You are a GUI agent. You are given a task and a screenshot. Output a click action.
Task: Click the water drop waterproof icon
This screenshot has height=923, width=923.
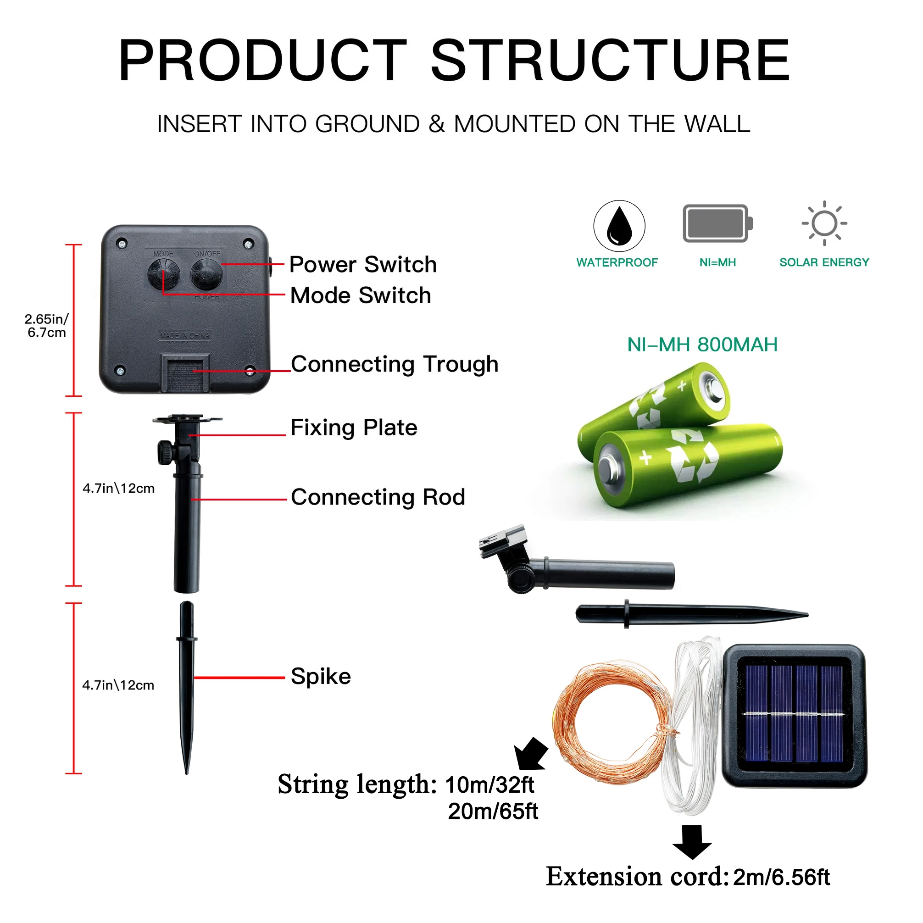tap(619, 226)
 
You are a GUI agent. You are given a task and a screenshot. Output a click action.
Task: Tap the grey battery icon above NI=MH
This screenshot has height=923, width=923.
tap(717, 223)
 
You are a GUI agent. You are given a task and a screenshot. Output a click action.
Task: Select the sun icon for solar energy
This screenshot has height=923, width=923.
tap(824, 223)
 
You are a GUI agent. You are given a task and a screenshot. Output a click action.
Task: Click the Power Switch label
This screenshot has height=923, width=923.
tap(363, 265)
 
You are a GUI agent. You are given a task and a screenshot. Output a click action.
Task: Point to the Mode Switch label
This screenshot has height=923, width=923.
tap(361, 295)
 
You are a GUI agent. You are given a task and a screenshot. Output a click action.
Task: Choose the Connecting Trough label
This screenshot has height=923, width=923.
tap(395, 364)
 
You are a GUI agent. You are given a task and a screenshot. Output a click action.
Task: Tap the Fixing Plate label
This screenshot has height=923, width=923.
tap(354, 428)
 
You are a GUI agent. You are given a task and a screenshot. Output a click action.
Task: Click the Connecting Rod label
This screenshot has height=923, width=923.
tap(378, 497)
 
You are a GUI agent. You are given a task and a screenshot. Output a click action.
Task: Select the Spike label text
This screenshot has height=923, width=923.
tap(321, 677)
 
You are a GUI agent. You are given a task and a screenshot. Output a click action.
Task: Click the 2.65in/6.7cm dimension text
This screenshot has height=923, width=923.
tap(47, 326)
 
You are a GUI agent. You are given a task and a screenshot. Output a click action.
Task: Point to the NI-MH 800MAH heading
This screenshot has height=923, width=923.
tap(702, 345)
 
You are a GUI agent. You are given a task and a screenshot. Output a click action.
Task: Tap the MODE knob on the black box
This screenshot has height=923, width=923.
tap(163, 274)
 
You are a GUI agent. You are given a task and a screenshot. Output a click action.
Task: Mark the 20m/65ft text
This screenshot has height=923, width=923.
tap(493, 811)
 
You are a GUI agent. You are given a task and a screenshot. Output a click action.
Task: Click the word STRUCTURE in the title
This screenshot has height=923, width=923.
tap(611, 61)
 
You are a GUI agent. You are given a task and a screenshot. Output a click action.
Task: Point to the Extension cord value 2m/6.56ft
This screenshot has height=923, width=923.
tap(782, 877)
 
